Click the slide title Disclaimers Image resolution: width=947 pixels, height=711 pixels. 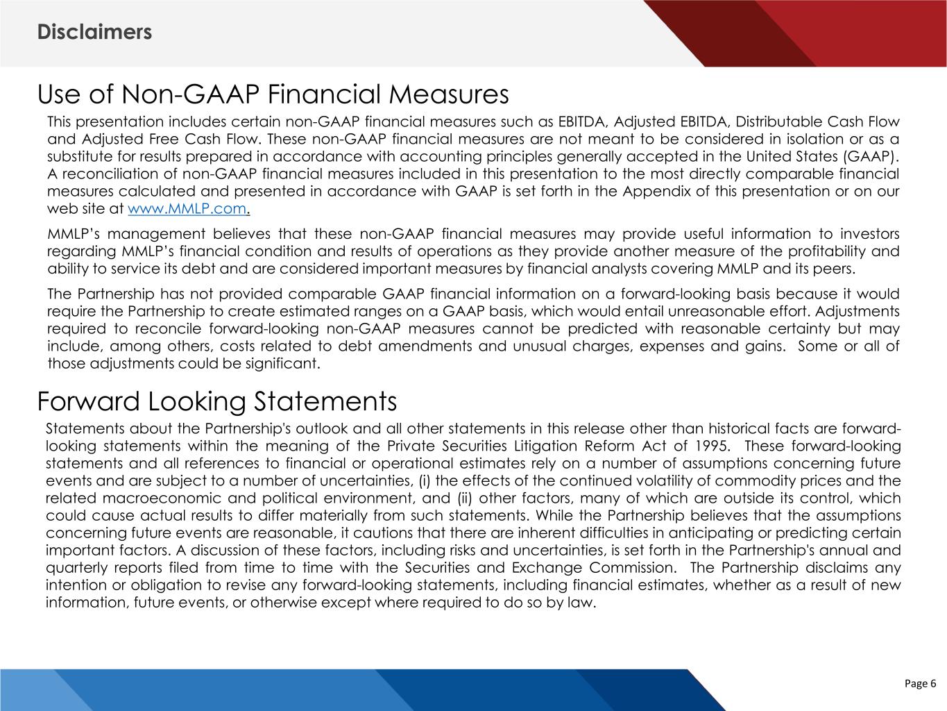pos(94,32)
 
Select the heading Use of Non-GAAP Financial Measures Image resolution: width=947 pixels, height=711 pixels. pos(273,94)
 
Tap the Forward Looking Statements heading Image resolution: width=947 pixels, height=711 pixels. pos(216,401)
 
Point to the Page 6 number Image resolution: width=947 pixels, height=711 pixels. pos(920,684)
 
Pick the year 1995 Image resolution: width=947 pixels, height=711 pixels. pos(710,446)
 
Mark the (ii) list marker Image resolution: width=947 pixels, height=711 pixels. pos(465,498)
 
